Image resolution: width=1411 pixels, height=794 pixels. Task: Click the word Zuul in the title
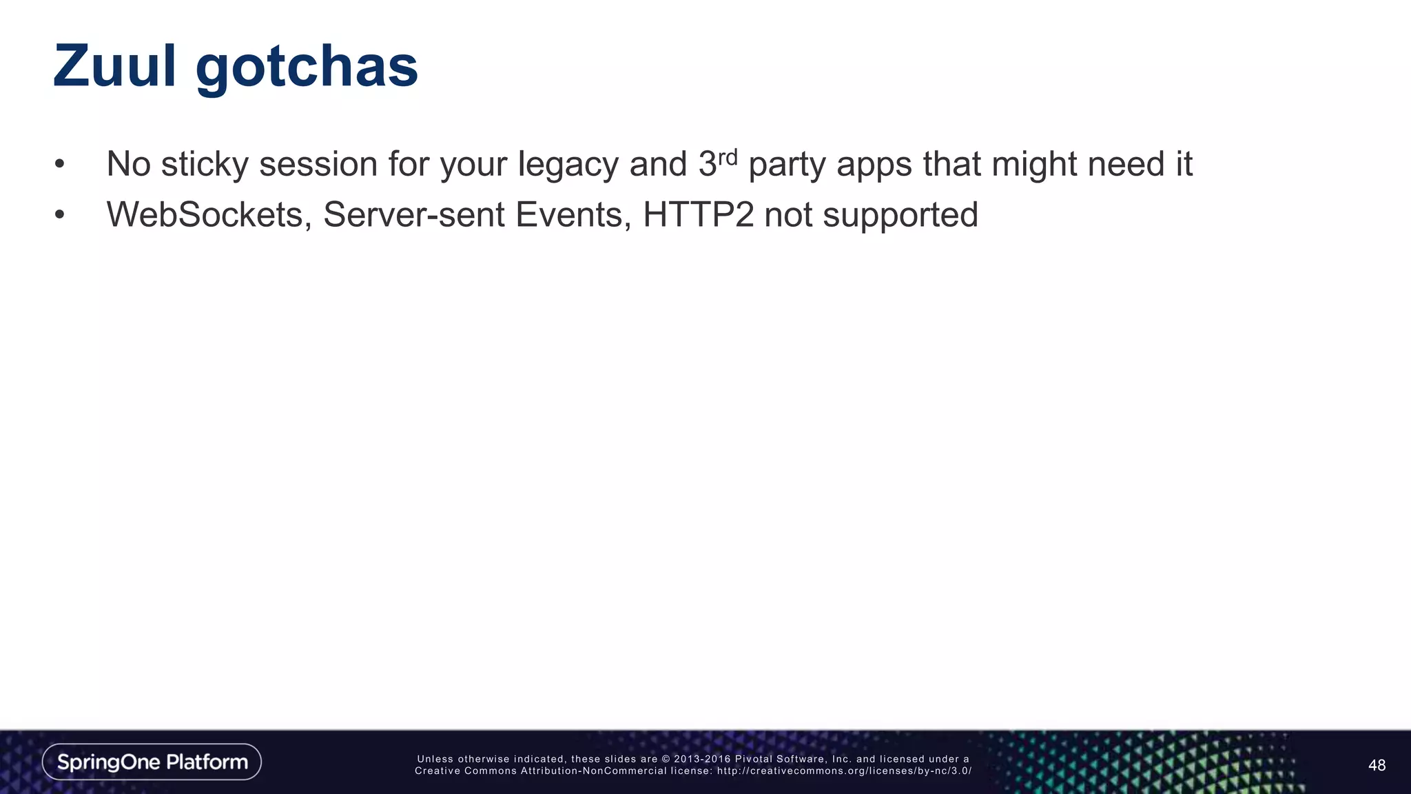tap(114, 66)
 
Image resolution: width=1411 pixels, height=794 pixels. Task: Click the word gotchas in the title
tap(307, 69)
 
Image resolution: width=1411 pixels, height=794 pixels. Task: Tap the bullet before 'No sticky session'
tap(60, 165)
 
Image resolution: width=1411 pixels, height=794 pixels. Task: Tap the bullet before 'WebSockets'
tap(60, 215)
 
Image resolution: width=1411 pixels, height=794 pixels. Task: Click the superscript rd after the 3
tap(728, 157)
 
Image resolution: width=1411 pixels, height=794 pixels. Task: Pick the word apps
tap(874, 165)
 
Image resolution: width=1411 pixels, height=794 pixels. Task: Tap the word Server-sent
tap(413, 214)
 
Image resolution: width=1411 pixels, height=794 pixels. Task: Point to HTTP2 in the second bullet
tap(698, 214)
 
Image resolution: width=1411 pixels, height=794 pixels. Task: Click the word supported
tap(900, 216)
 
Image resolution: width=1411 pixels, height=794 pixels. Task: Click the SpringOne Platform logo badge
tap(152, 762)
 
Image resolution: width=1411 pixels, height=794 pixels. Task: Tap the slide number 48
tap(1377, 765)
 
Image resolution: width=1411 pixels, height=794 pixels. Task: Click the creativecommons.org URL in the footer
tap(844, 771)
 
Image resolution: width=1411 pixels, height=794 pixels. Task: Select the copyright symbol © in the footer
tap(666, 759)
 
